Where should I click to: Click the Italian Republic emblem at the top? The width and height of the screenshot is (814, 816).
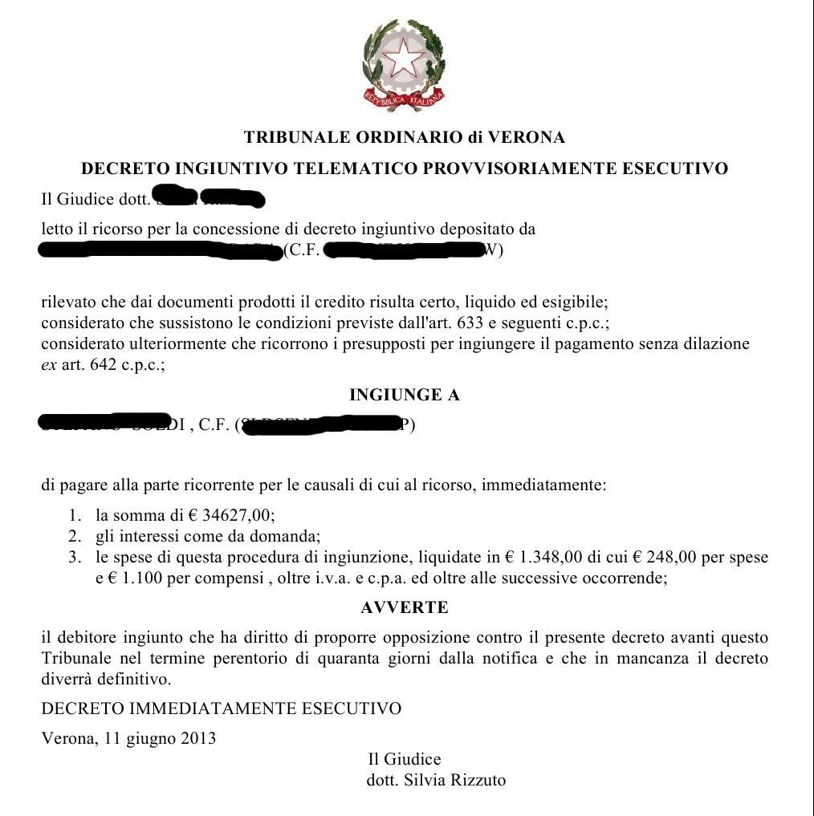coord(404,66)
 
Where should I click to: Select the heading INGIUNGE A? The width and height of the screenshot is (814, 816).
coord(405,395)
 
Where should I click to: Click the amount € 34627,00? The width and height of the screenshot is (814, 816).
coord(232,516)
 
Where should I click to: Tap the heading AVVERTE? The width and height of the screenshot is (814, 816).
coord(405,607)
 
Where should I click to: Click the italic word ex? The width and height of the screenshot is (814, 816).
coord(49,364)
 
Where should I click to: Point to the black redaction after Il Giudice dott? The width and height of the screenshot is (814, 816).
coord(209,197)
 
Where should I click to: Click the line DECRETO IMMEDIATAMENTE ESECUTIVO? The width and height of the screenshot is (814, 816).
coord(221,708)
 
